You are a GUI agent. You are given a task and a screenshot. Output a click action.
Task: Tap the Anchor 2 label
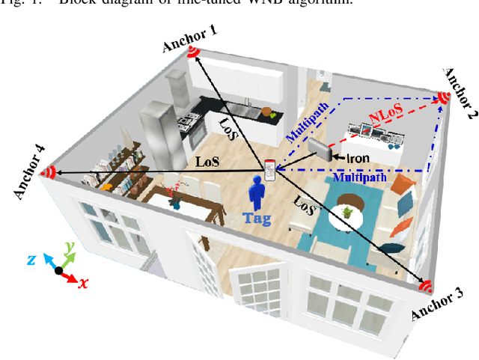pos(459,94)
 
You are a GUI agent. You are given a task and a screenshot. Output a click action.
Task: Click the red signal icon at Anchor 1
pos(193,52)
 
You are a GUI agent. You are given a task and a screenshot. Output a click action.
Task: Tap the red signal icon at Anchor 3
pos(425,286)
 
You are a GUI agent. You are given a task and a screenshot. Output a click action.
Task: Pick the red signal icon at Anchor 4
pos(49,173)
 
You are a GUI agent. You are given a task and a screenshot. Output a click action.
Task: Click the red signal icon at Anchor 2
pos(443,97)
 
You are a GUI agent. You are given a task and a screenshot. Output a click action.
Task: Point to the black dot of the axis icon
pos(59,269)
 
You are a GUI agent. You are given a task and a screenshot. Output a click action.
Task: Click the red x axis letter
pos(83,284)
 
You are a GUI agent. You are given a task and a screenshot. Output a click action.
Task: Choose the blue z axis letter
pos(32,259)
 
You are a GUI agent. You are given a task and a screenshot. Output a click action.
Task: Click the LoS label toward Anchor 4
pos(207,160)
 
